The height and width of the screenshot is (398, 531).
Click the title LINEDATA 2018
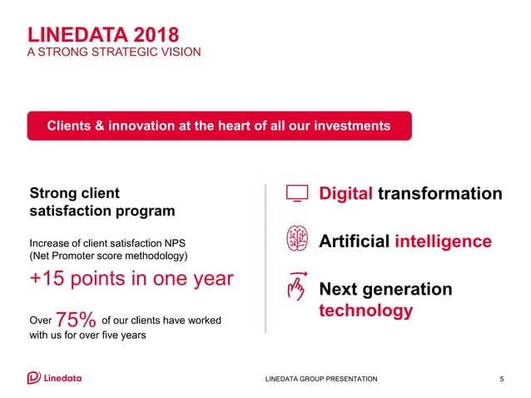coord(102,34)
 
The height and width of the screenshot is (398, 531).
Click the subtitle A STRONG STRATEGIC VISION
coord(114,52)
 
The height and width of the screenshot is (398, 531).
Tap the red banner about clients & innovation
coord(219,126)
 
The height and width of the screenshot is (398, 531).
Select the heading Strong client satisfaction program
coord(102,201)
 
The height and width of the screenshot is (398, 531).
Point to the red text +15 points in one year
coord(132,279)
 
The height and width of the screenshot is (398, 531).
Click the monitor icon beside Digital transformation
coord(296,193)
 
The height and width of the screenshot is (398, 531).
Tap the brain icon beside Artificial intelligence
coord(296,240)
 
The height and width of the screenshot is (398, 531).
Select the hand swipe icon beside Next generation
coord(296,286)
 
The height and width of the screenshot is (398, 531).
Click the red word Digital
coord(346,193)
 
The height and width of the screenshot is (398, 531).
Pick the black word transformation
coord(439,193)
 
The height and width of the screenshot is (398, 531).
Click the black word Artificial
coord(355,241)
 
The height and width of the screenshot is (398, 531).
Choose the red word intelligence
coord(443,241)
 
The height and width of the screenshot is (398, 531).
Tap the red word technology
coord(366,311)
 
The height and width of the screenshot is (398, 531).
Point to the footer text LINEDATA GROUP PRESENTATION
coord(320,379)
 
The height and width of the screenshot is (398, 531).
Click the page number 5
coord(502,379)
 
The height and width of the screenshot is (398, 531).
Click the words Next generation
coord(385,289)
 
